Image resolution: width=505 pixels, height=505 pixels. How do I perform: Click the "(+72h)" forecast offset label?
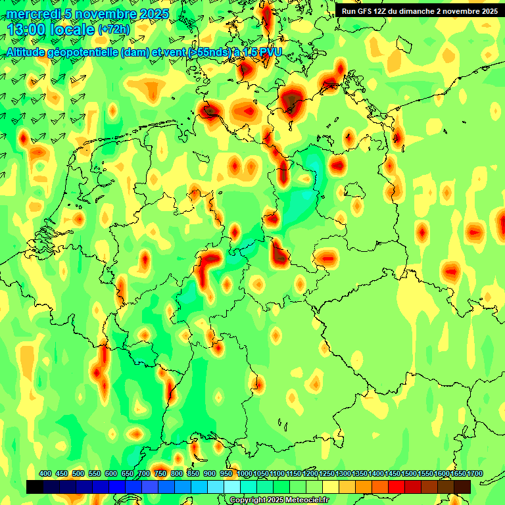tap(114, 30)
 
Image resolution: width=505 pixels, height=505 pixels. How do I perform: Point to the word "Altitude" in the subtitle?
tap(29, 53)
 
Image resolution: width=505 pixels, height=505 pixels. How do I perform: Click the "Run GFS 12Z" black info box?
tap(419, 11)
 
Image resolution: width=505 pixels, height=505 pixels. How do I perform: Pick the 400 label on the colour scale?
tap(45, 474)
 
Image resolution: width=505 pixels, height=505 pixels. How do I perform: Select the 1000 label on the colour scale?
tap(245, 474)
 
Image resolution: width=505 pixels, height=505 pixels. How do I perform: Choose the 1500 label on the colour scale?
tap(409, 474)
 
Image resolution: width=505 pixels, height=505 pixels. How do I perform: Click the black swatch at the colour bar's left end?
tap(35, 487)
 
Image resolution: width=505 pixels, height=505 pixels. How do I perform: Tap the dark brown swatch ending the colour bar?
tap(462, 487)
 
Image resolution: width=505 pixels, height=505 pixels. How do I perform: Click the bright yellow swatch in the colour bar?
tap(331, 487)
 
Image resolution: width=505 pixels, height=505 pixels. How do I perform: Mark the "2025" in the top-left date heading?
tap(151, 14)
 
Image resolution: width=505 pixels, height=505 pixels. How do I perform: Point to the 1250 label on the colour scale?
tap(327, 474)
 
